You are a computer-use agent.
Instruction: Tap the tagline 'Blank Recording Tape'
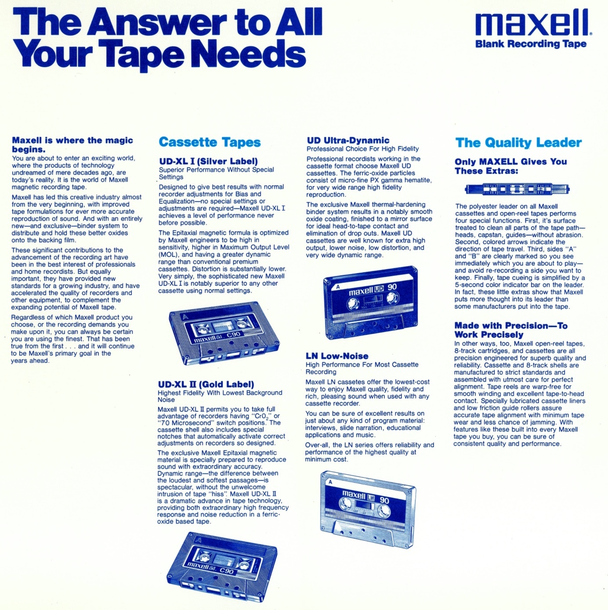531,43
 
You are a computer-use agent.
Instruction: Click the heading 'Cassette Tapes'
210,142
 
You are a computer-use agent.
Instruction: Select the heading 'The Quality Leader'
518,143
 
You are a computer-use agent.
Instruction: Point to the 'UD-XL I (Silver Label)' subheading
208,162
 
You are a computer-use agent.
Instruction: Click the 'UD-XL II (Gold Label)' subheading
206,384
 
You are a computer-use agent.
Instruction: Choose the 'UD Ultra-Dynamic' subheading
348,141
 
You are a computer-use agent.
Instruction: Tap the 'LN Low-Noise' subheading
337,356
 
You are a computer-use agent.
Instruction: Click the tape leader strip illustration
517,189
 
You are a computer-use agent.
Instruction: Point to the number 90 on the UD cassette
392,287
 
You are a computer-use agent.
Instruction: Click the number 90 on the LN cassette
384,501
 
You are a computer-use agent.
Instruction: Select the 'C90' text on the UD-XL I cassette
234,334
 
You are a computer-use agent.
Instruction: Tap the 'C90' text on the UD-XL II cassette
226,571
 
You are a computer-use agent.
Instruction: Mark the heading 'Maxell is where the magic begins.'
72,144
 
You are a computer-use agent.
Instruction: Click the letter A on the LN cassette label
330,482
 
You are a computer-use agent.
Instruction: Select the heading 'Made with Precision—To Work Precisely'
511,330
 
